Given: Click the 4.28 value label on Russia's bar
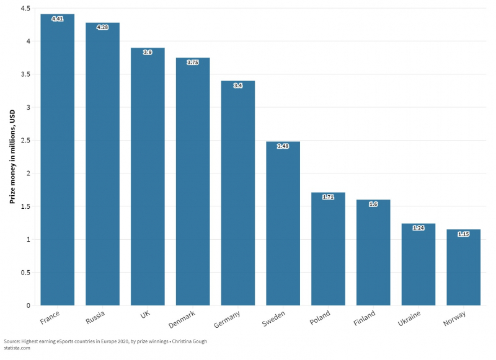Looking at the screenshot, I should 102,27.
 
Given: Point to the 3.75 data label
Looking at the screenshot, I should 193,62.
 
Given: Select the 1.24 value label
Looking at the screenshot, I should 418,228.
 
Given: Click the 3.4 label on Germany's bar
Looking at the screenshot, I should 238,85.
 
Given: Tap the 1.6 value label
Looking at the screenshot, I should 373,204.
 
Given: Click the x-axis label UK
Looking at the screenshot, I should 144,315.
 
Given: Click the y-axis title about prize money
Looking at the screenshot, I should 12,157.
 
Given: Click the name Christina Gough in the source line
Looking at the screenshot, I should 186,341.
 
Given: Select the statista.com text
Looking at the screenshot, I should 17,348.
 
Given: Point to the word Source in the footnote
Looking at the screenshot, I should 12,341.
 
